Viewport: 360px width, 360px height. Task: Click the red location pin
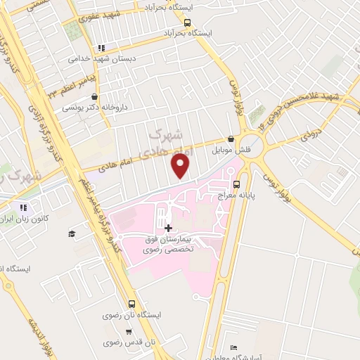coord(181,166)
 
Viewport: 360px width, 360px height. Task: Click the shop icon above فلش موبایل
coord(231,139)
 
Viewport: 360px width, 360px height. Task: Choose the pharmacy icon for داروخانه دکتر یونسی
coord(95,97)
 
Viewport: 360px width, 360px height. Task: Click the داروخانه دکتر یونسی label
coord(87,108)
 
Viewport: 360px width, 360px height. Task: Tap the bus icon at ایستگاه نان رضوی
coord(132,304)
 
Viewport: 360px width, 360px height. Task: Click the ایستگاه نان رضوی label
coord(134,315)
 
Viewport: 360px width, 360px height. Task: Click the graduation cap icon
coord(70,234)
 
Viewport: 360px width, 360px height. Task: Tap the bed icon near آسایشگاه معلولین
coord(233,347)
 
